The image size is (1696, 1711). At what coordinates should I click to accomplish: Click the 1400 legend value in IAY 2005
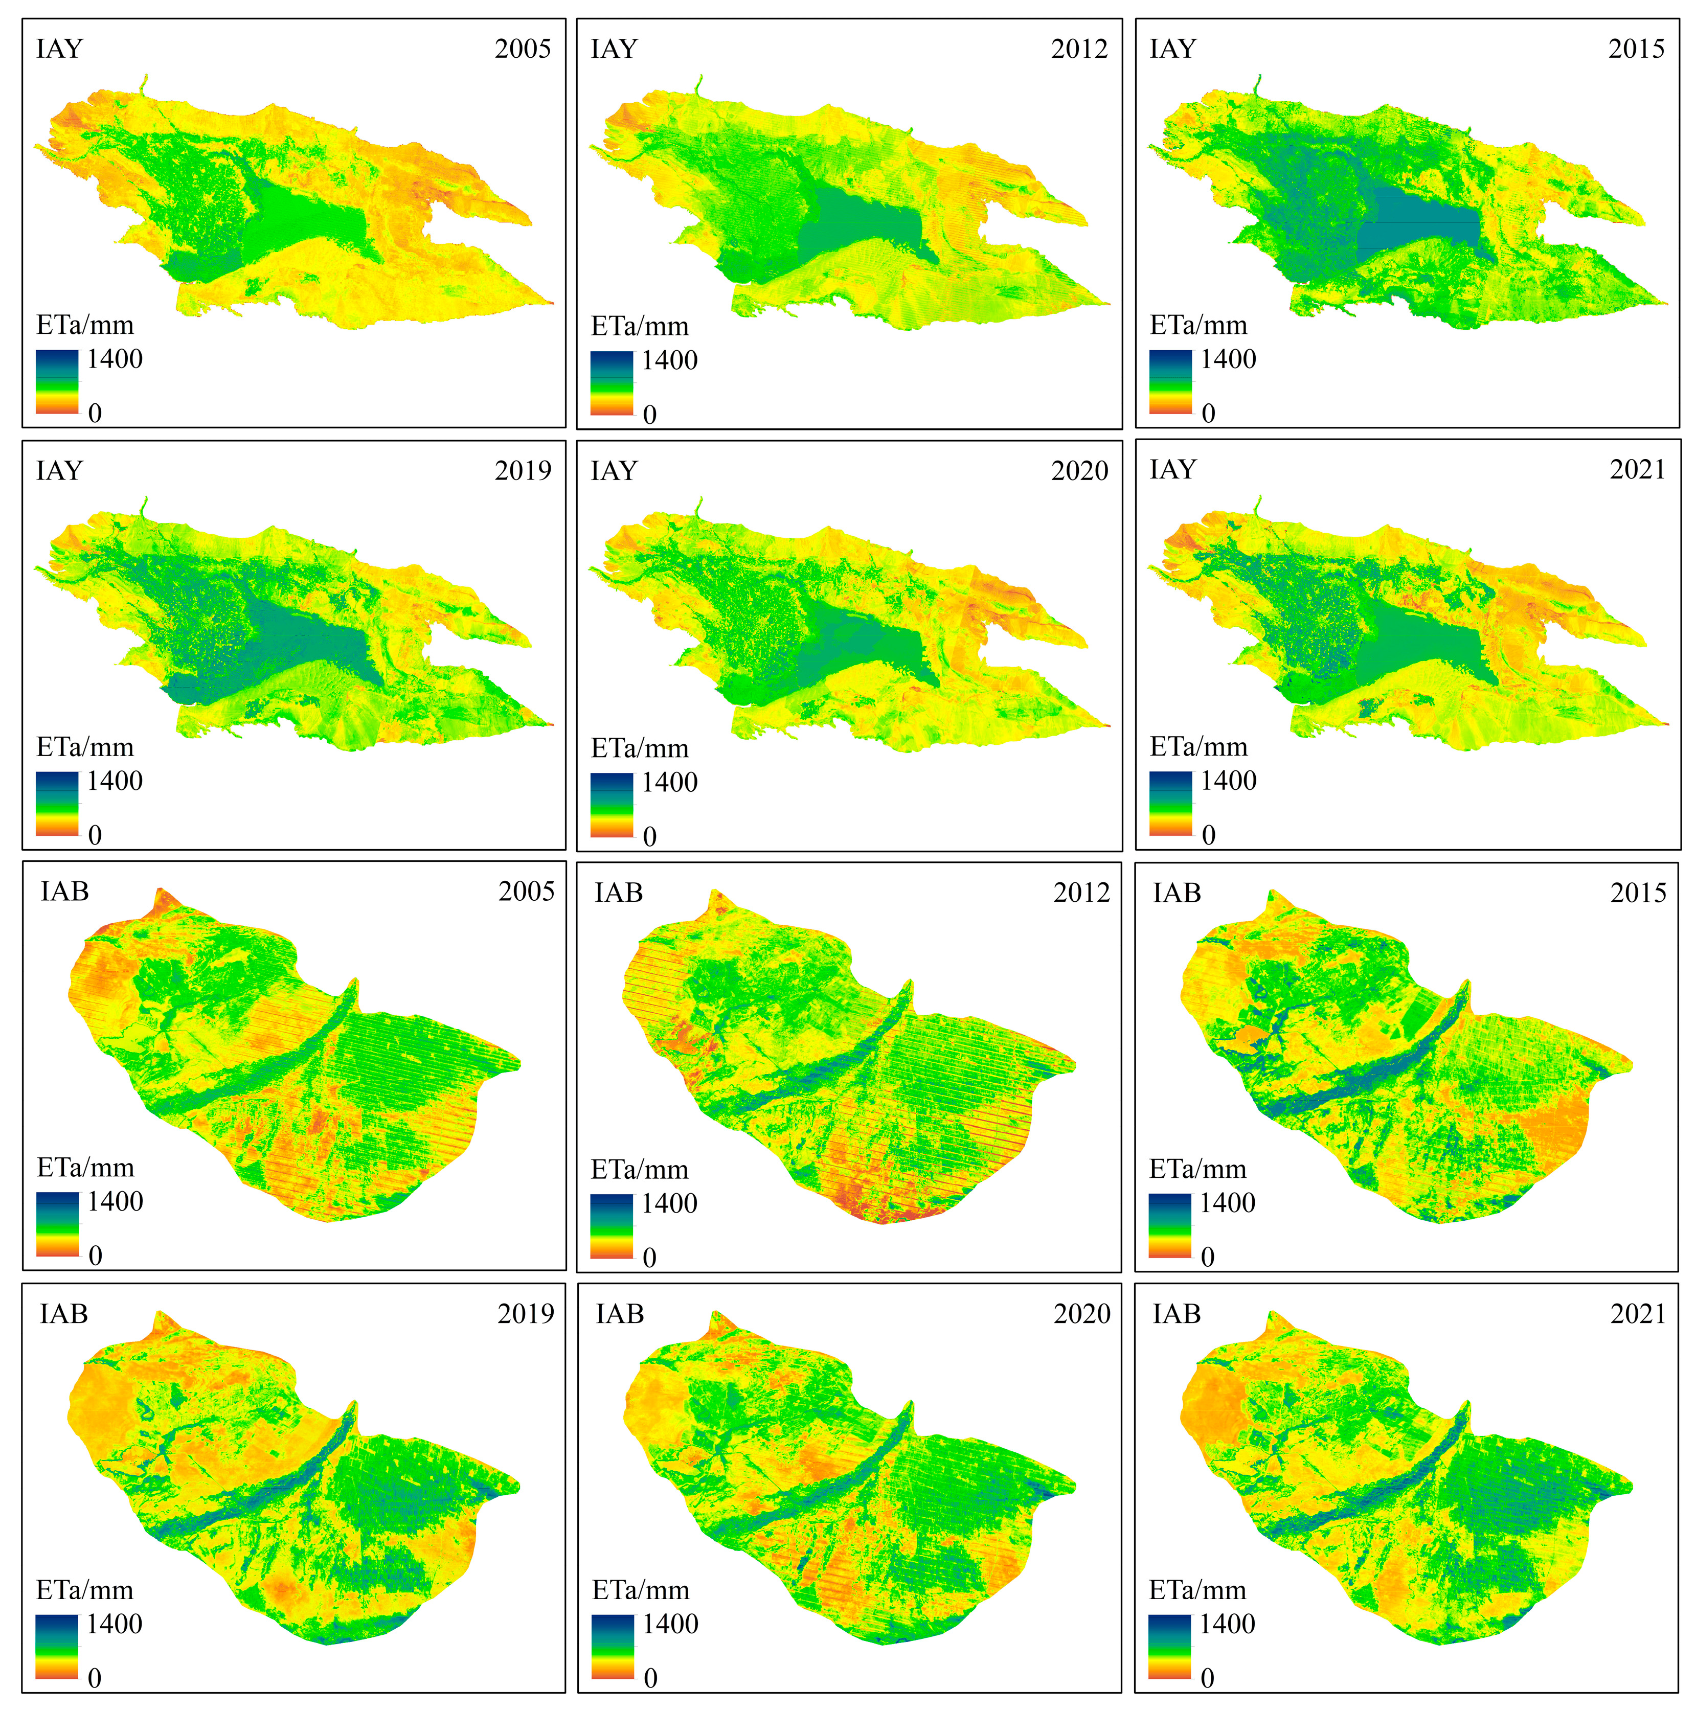(x=114, y=359)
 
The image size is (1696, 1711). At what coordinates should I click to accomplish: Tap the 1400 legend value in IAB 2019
(x=114, y=1624)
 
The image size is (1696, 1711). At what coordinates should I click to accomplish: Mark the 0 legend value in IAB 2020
(x=650, y=1678)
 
